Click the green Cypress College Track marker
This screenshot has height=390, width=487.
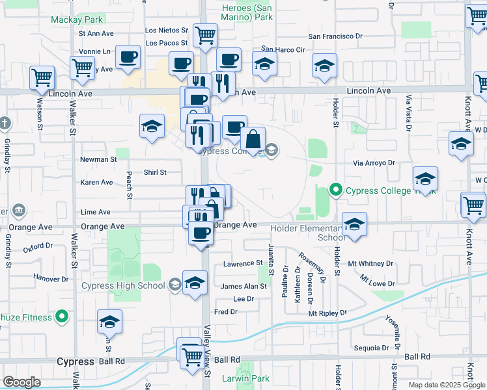point(336,190)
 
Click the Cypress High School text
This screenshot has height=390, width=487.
point(123,285)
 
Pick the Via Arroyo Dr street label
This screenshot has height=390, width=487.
point(374,164)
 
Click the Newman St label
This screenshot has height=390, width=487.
point(98,159)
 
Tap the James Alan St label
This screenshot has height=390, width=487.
point(244,286)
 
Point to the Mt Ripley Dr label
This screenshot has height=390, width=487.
point(327,313)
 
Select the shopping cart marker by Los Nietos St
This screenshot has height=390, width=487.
point(205,35)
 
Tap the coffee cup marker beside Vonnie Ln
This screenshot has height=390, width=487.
point(128,57)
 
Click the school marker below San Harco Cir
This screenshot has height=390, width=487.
point(265,64)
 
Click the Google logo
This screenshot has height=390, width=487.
point(22,382)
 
